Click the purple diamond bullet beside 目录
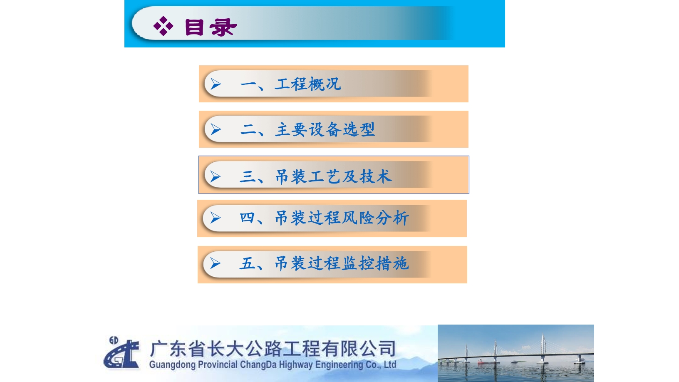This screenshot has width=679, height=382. coord(163,26)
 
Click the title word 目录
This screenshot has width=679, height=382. coord(211,27)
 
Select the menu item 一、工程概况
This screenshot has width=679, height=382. coord(290,84)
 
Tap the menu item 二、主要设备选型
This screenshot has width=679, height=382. coord(307,129)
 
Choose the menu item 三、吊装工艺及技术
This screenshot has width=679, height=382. coord(315,176)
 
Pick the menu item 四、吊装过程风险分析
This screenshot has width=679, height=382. coord(324,218)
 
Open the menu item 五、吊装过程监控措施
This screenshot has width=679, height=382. coord(324,263)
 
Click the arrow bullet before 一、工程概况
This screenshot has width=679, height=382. coord(216,84)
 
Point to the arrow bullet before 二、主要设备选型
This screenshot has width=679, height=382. coord(216,129)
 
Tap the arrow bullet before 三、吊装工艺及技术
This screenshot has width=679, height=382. coord(215,176)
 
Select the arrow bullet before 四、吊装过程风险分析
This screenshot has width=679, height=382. coord(215,218)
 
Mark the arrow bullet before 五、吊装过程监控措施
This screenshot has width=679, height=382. coord(215,263)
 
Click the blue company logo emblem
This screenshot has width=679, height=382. coord(121,352)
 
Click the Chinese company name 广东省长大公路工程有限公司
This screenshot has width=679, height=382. coord(273,349)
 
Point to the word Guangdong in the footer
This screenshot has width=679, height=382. coord(172,365)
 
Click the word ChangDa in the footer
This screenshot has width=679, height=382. coord(258,365)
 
